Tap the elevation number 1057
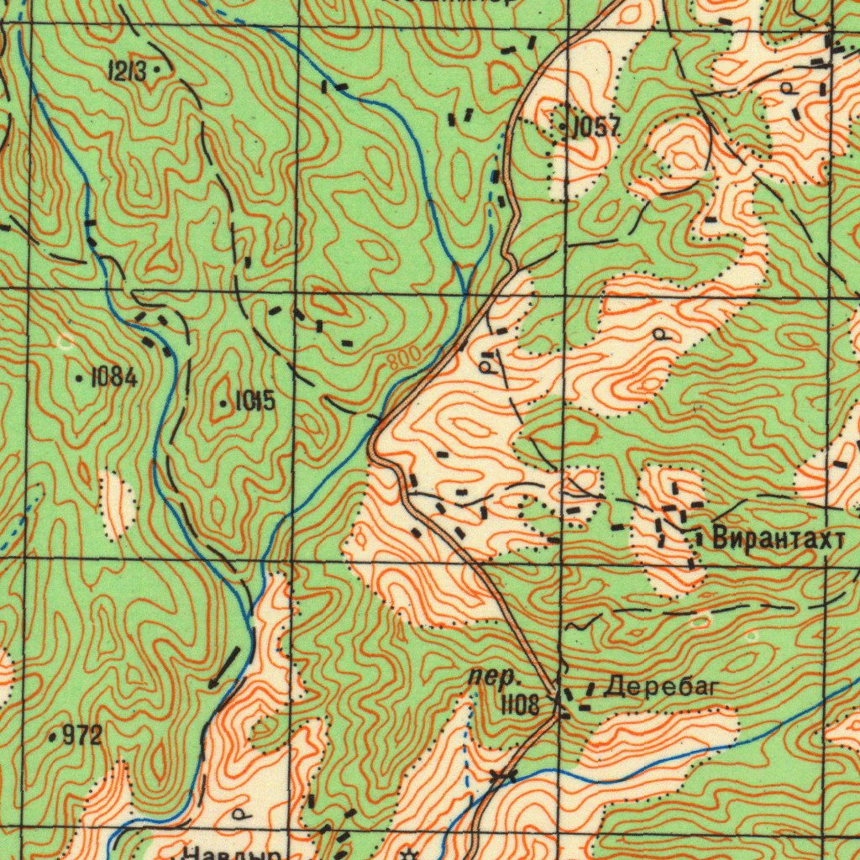pyautogui.click(x=595, y=128)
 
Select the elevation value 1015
pyautogui.click(x=254, y=402)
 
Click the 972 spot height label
pyautogui.click(x=82, y=737)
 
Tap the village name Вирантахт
pyautogui.click(x=778, y=539)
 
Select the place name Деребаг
pyautogui.click(x=661, y=687)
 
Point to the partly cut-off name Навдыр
pyautogui.click(x=235, y=853)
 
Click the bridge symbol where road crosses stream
pyautogui.click(x=503, y=776)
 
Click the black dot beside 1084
pyautogui.click(x=80, y=380)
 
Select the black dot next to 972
pyautogui.click(x=53, y=738)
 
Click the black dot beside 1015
pyautogui.click(x=223, y=404)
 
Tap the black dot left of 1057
pyautogui.click(x=563, y=128)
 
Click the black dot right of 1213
pyautogui.click(x=157, y=71)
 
